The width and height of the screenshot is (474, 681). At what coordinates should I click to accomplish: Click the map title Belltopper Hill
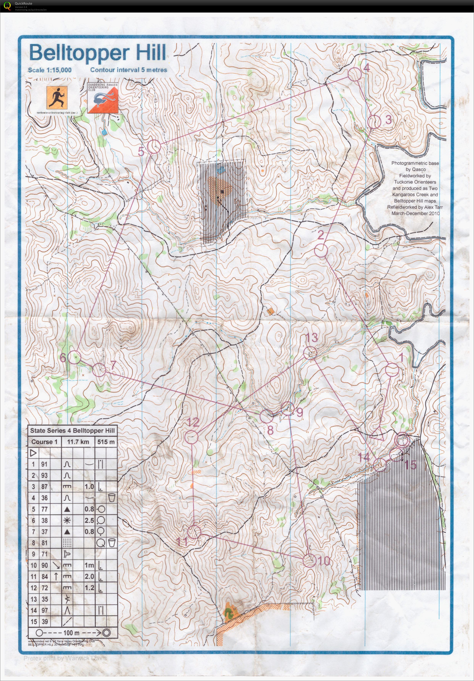(x=97, y=53)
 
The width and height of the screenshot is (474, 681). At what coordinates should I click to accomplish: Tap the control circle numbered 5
(x=154, y=147)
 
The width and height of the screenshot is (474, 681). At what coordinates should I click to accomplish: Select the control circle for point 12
(x=191, y=438)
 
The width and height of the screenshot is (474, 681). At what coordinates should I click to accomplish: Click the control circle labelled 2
(x=321, y=251)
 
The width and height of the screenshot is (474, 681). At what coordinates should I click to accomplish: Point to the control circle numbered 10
(x=309, y=561)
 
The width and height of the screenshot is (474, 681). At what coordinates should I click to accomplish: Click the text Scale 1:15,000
(x=50, y=70)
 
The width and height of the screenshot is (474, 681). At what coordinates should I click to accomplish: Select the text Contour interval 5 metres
(x=129, y=70)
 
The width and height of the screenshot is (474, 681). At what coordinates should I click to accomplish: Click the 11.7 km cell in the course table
(x=78, y=442)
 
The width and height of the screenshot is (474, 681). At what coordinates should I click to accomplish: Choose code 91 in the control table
(x=44, y=464)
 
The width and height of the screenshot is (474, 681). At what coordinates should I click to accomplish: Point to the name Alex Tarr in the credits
(x=432, y=207)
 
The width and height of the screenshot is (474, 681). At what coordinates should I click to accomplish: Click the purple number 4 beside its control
(x=367, y=68)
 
